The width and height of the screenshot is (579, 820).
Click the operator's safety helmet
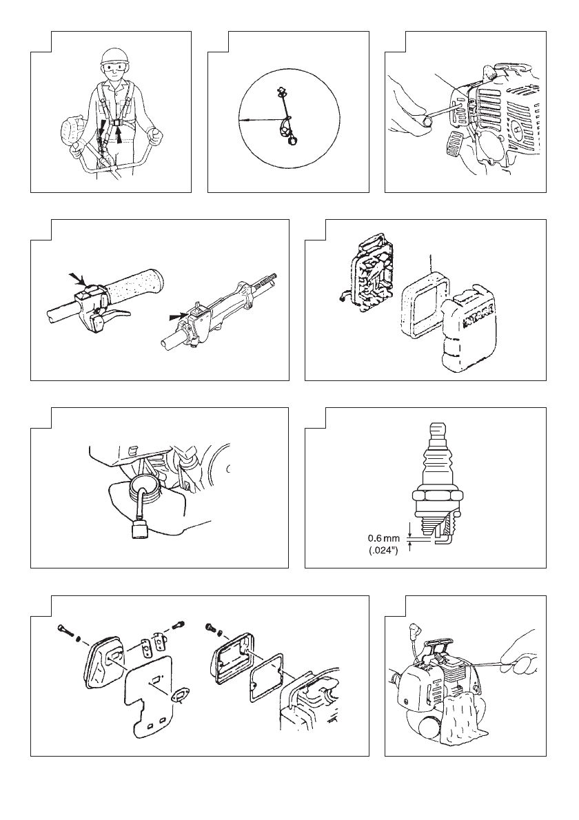pyautogui.click(x=114, y=57)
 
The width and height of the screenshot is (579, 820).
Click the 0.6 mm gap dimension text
pyautogui.click(x=383, y=537)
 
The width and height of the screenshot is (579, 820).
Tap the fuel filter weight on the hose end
pyautogui.click(x=139, y=531)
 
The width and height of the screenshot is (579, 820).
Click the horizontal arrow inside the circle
pyautogui.click(x=261, y=121)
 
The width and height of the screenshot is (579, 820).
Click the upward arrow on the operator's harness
pyautogui.click(x=120, y=136)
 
